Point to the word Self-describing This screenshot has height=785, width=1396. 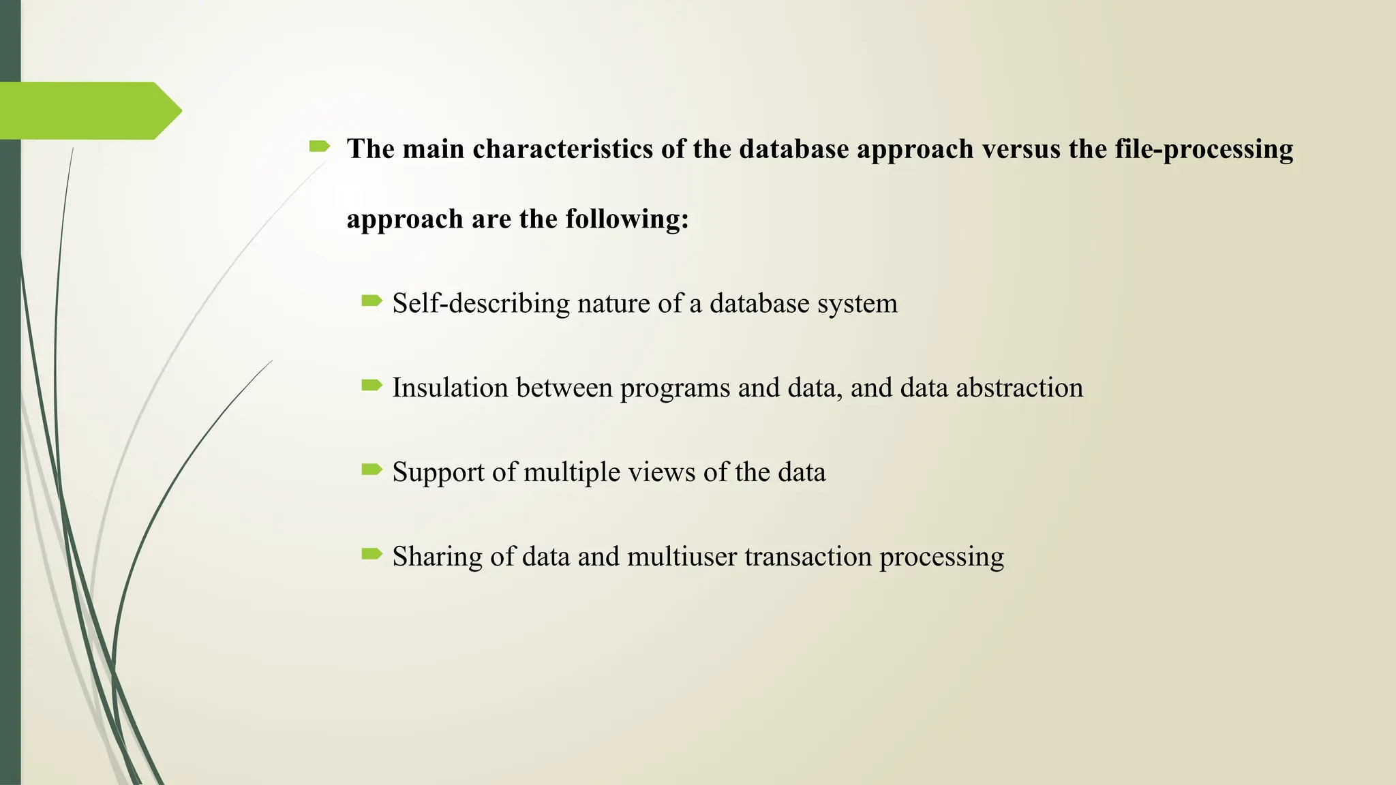pos(481,304)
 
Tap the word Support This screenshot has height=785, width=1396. pos(438,472)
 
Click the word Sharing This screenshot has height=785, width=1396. pos(437,557)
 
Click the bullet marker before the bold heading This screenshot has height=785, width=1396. pos(320,146)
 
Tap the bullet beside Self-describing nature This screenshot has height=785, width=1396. pos(372,301)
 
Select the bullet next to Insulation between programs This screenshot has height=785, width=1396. pos(372,385)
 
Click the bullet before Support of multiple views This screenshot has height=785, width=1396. pos(372,470)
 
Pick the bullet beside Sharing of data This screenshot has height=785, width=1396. pos(372,554)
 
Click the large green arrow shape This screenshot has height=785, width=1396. pos(89,110)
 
